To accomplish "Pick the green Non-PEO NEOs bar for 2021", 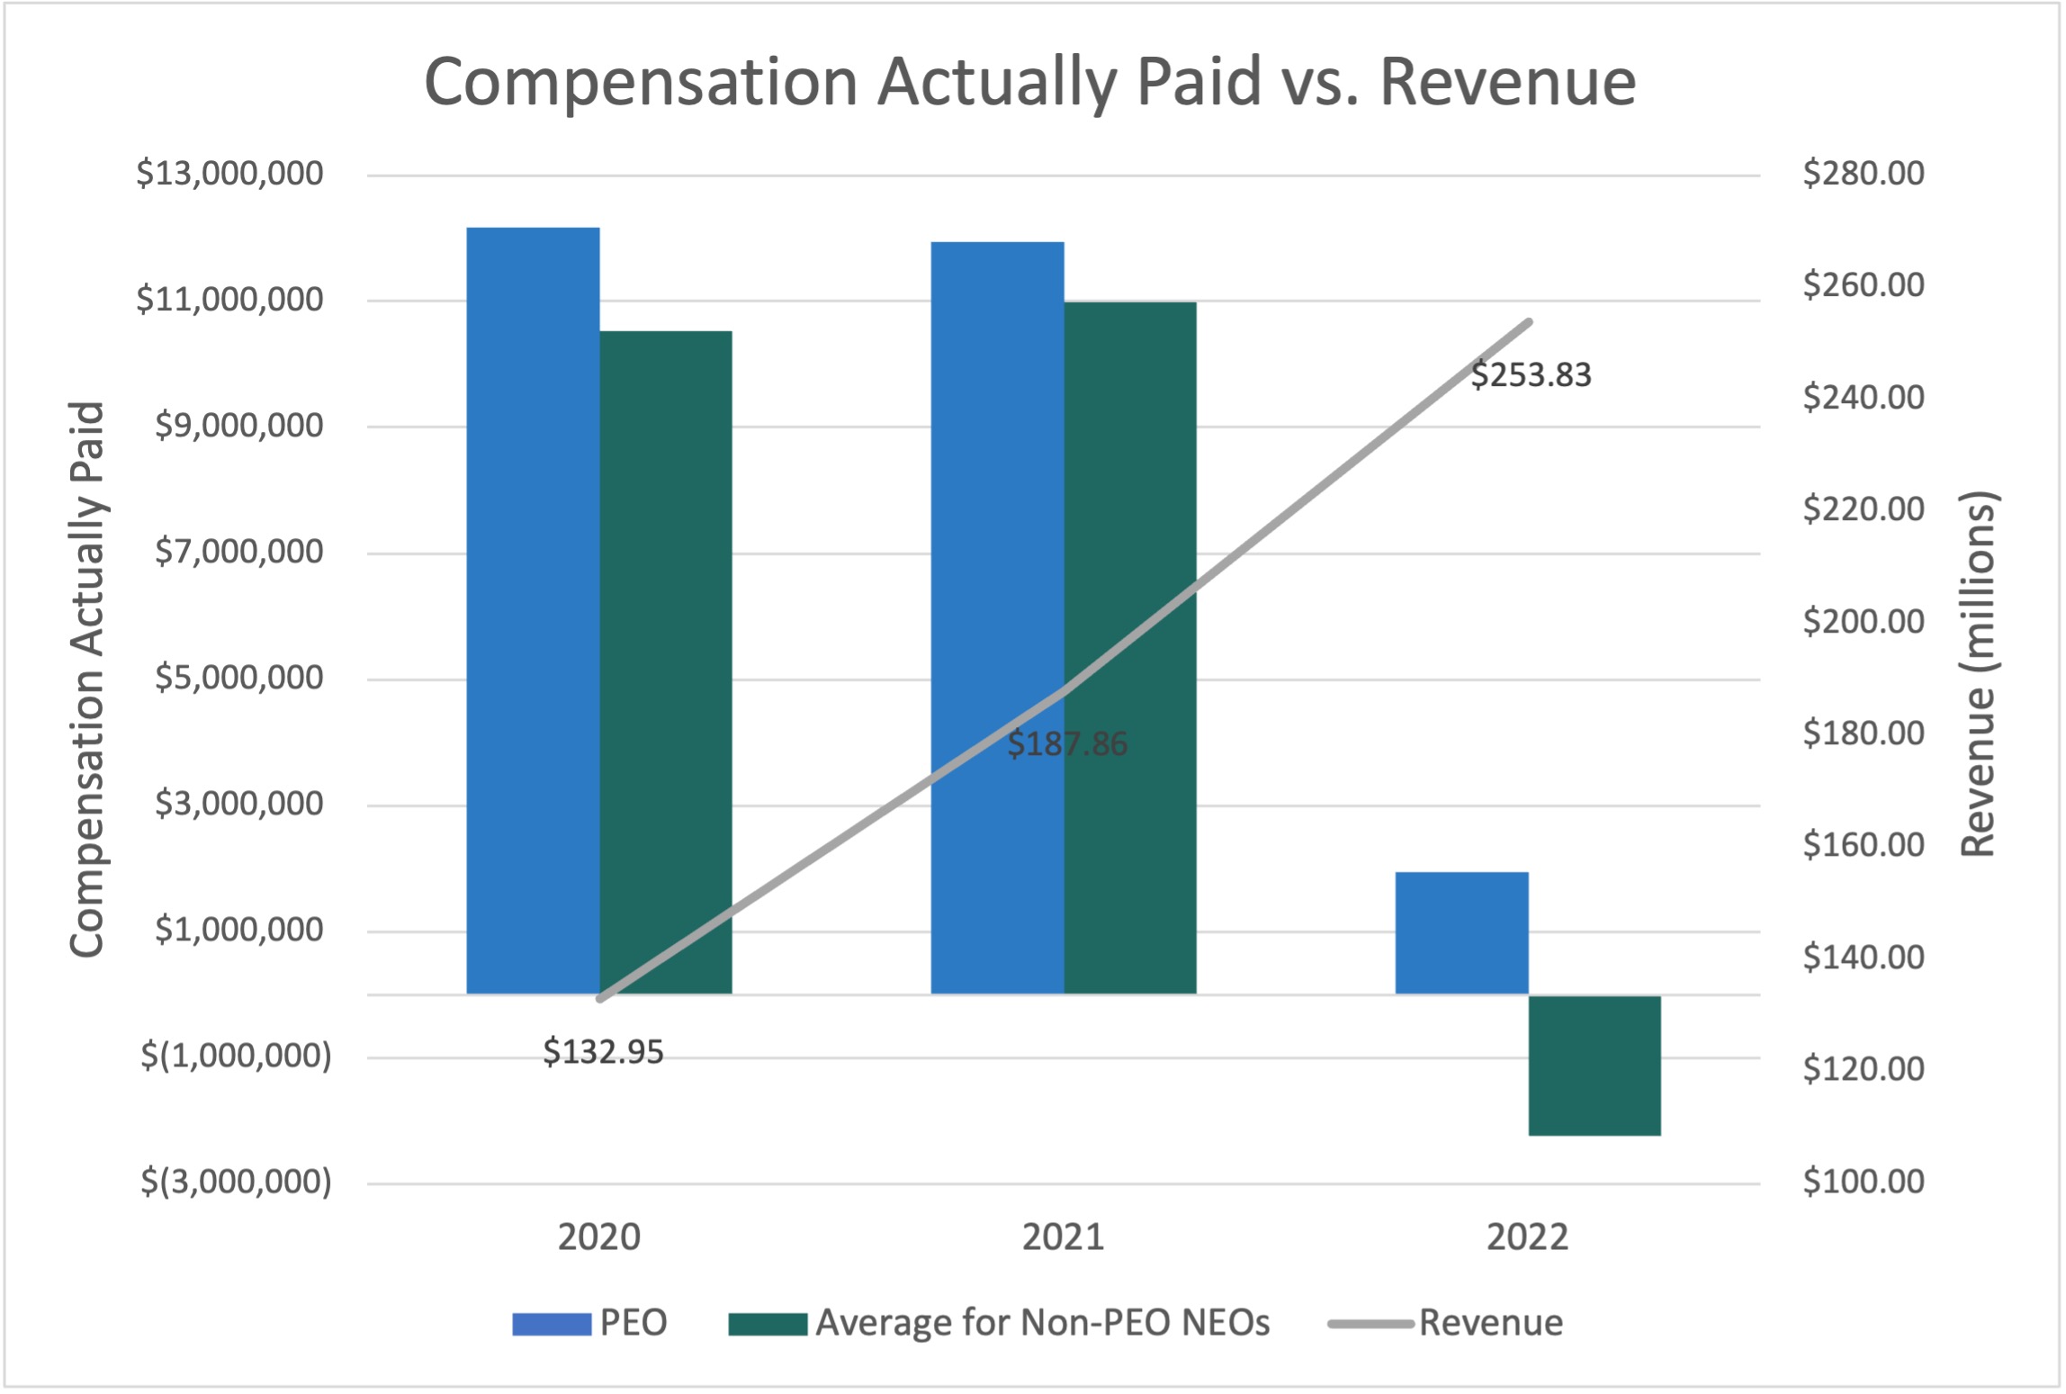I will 1130,647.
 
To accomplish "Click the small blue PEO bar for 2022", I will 1461,932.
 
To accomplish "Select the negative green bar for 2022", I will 1594,1066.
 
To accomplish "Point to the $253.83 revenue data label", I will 1531,375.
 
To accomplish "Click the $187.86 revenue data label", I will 1066,744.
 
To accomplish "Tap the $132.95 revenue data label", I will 603,1052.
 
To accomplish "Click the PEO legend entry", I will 590,1323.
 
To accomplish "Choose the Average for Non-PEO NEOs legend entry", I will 999,1323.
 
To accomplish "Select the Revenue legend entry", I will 1446,1323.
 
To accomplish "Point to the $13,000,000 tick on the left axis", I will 229,173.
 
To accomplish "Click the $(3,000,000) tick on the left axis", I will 236,1181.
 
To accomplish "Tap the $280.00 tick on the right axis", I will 1864,173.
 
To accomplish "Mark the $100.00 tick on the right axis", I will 1864,1181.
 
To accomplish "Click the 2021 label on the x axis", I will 1063,1237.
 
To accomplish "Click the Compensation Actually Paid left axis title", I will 87,679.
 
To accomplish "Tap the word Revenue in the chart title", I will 1507,82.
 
